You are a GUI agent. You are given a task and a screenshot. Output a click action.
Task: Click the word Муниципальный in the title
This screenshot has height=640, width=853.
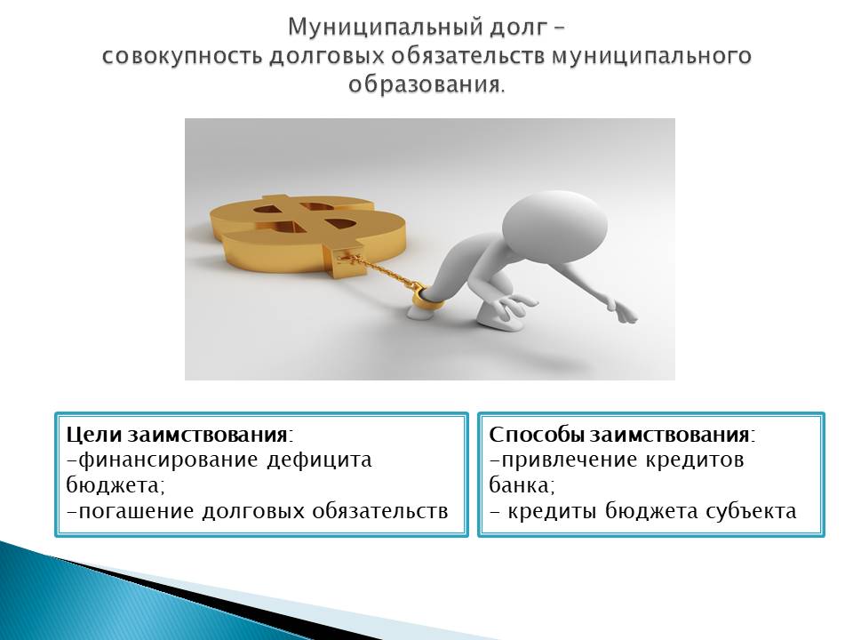(x=382, y=28)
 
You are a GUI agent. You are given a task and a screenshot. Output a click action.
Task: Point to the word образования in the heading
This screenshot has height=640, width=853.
(x=425, y=85)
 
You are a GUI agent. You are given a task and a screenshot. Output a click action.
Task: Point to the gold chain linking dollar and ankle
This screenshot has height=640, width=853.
(x=381, y=270)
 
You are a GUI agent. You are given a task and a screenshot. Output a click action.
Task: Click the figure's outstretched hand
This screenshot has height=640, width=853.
(x=624, y=311)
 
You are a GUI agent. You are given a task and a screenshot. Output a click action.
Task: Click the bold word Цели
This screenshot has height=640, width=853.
(x=95, y=435)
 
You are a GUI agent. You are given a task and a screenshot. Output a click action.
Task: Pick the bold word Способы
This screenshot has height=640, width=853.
(x=537, y=435)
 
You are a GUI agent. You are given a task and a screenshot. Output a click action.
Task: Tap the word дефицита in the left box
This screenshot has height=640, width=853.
(x=319, y=460)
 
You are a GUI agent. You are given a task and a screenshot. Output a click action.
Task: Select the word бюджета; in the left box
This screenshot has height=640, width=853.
(x=115, y=485)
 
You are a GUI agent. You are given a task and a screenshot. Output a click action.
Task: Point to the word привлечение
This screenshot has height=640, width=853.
(x=568, y=460)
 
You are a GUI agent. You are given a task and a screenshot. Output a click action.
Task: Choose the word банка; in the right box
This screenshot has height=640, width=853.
(x=522, y=484)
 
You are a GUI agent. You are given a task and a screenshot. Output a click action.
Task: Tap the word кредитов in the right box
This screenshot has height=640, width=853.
(x=695, y=460)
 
